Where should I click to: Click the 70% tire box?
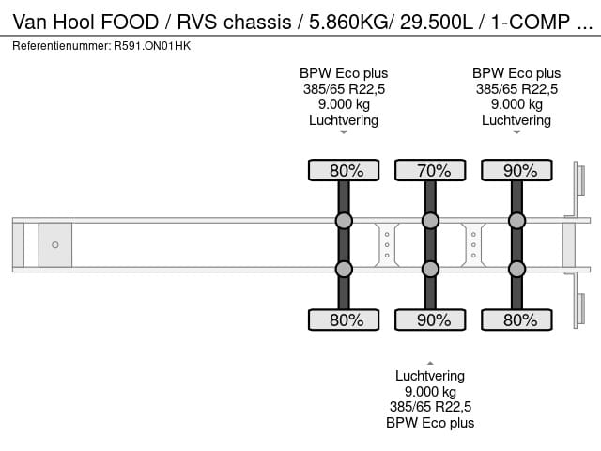[430, 170]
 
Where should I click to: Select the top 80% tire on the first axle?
[344, 170]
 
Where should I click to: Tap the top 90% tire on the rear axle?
[516, 170]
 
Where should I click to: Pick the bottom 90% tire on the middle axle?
[430, 320]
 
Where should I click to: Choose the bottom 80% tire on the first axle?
[344, 320]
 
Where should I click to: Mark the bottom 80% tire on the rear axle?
[516, 320]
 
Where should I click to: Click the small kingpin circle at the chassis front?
[55, 245]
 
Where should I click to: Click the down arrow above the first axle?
[344, 132]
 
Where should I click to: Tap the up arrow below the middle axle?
[430, 362]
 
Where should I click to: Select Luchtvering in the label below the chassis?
[430, 376]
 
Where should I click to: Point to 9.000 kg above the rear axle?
[516, 104]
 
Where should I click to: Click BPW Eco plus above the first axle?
[344, 73]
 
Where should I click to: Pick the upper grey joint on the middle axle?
[430, 221]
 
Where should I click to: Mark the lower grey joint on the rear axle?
[516, 270]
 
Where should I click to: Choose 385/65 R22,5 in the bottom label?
[430, 407]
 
